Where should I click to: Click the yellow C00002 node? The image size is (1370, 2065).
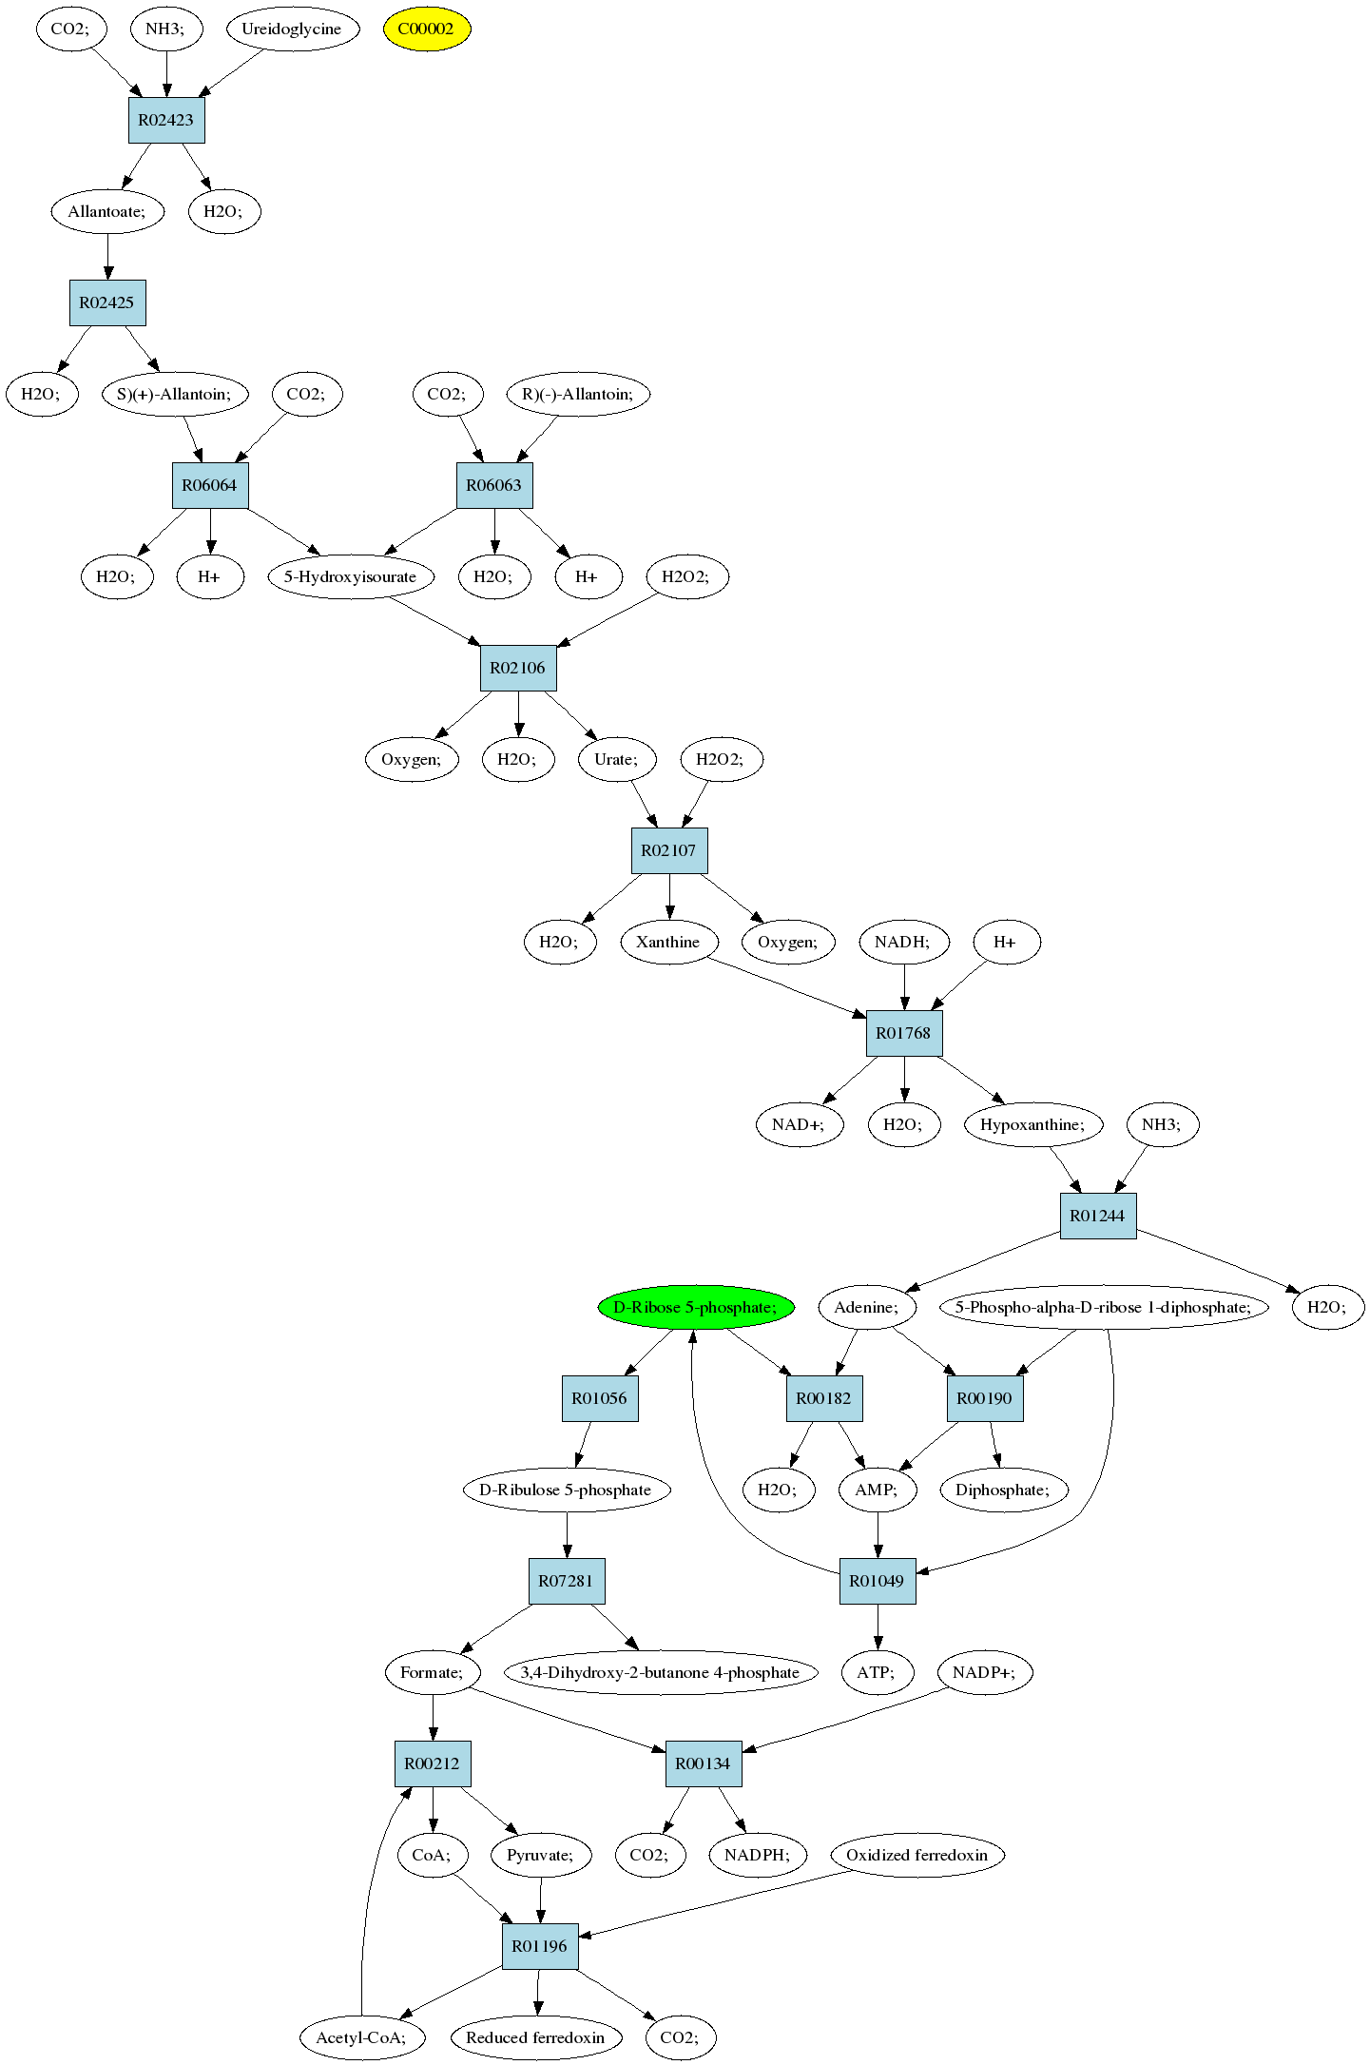(x=427, y=29)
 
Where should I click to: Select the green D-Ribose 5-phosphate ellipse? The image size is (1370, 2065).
(x=696, y=1307)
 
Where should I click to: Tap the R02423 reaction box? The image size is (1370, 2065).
(x=166, y=120)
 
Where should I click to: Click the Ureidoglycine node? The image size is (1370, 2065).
(x=292, y=29)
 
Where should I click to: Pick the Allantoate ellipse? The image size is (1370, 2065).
(x=107, y=211)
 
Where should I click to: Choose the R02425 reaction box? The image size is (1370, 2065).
(x=107, y=302)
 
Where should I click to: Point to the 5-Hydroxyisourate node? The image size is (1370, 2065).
(x=351, y=576)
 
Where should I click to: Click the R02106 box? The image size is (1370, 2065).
(x=518, y=668)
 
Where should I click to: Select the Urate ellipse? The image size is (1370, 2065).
(x=617, y=759)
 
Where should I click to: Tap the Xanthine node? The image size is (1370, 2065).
(x=668, y=942)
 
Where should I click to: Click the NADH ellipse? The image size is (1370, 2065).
(x=903, y=942)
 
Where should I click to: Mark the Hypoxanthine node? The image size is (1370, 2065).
(x=1033, y=1124)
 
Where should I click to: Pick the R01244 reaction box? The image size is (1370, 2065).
(x=1098, y=1216)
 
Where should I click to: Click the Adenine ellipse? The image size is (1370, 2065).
(x=867, y=1307)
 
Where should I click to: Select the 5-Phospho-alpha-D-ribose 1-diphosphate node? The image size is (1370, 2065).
(x=1104, y=1307)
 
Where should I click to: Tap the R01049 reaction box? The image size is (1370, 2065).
(x=878, y=1581)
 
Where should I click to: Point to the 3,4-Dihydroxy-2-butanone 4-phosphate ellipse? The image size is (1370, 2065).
(x=661, y=1672)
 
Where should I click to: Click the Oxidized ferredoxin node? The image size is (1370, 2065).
(x=917, y=1855)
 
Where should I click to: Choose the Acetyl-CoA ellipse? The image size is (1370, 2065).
(x=362, y=2037)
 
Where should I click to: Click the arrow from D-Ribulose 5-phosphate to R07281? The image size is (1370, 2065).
(x=568, y=1535)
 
